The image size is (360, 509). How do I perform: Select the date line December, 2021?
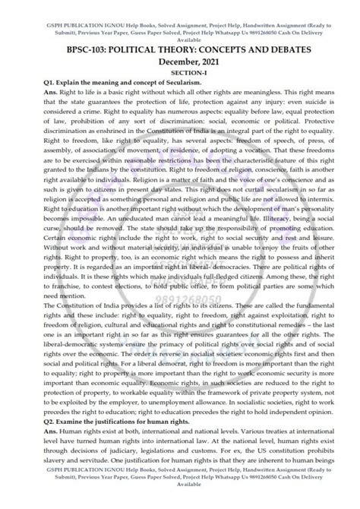(179, 60)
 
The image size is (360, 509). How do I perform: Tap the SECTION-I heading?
(179, 71)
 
